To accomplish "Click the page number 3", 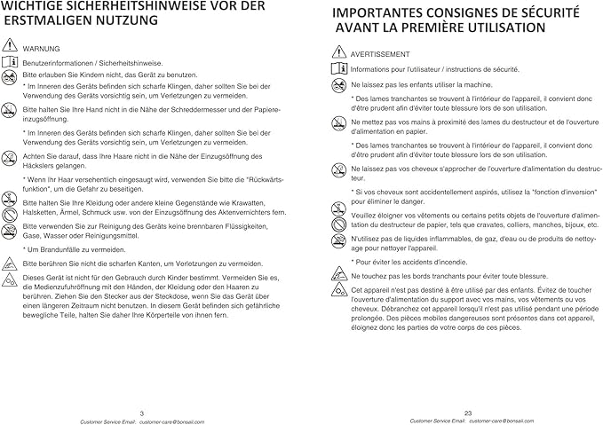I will pos(142,412).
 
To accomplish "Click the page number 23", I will pos(467,412).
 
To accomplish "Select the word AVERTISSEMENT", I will pos(380,55).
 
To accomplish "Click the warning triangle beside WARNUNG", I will pos(10,45).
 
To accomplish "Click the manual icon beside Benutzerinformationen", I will pos(10,61).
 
